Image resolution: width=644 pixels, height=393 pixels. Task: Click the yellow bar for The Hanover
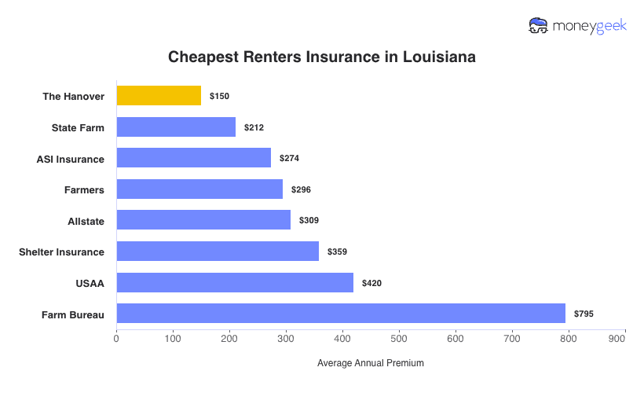pos(159,96)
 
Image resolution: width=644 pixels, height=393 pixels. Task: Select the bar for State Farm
pos(176,127)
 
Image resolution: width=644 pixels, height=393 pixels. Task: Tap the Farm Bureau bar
pos(341,314)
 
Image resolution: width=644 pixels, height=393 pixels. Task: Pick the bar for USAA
pos(235,282)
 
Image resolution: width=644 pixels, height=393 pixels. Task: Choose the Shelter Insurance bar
pos(218,252)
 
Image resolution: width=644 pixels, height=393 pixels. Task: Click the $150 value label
pos(219,96)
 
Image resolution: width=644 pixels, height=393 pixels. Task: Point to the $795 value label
pos(584,314)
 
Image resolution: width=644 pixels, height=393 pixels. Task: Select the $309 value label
pos(309,221)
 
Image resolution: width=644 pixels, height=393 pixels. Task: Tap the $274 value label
pos(289,158)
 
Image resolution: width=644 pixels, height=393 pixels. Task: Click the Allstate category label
pos(86,221)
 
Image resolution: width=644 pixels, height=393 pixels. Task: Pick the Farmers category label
pos(84,189)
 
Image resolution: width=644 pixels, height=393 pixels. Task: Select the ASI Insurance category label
pos(70,159)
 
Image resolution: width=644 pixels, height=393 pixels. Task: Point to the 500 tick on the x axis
pos(399,339)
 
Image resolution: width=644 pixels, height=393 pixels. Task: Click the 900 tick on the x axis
pos(617,339)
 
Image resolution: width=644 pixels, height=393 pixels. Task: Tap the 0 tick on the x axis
pos(116,339)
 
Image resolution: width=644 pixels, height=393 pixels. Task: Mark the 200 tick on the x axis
pos(229,339)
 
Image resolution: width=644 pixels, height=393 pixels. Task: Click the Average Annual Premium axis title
pos(370,363)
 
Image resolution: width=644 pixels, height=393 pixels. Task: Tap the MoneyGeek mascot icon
pos(539,26)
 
